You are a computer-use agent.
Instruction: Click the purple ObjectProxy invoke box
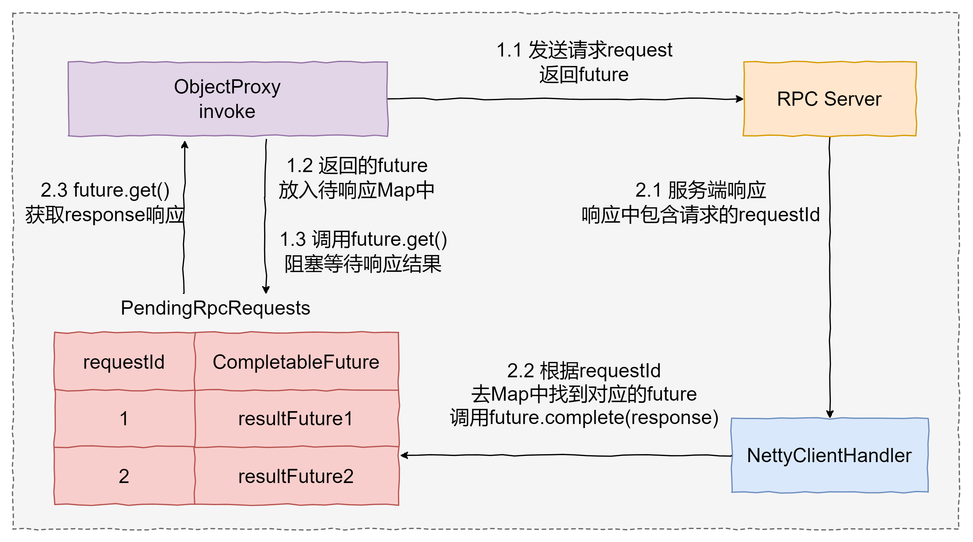point(228,99)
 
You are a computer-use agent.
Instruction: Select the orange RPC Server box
point(830,99)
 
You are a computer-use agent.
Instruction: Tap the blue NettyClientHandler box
point(830,455)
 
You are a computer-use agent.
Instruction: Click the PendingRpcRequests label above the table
point(215,308)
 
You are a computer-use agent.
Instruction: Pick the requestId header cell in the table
point(124,362)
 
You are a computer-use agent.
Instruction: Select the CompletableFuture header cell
point(296,362)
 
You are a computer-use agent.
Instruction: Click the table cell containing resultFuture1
point(296,419)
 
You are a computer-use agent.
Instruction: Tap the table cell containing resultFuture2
point(296,476)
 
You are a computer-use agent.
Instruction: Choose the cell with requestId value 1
point(124,419)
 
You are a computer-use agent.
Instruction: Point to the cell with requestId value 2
point(124,476)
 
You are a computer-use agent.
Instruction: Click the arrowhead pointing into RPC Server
point(740,99)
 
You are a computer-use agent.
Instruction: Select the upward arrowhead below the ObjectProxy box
point(185,145)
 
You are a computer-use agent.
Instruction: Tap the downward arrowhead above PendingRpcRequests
point(266,289)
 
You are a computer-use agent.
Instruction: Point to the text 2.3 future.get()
point(105,190)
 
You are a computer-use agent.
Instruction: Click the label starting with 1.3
point(363,240)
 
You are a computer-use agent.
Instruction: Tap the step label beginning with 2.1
point(701,190)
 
